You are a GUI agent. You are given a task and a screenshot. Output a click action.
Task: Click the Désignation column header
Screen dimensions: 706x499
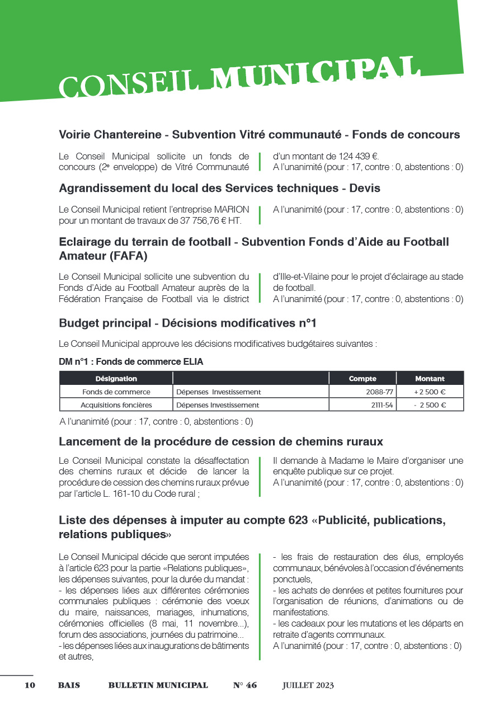click(x=116, y=379)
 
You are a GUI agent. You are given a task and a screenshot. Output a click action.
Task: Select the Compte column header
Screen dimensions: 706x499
click(x=362, y=379)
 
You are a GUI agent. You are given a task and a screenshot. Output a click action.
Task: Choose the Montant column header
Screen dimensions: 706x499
click(x=430, y=379)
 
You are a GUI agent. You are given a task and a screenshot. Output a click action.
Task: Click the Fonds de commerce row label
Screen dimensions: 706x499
click(x=116, y=392)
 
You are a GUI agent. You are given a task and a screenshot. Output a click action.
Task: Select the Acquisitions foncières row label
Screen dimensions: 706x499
click(x=116, y=405)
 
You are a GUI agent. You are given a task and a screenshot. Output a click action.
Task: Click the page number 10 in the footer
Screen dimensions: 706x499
click(x=30, y=685)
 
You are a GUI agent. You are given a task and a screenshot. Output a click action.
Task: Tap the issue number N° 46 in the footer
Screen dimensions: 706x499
click(x=245, y=685)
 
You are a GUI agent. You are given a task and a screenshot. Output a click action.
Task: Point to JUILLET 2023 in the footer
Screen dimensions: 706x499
click(x=308, y=685)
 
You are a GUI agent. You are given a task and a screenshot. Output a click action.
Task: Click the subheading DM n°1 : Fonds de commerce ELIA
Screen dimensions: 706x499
click(x=131, y=362)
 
